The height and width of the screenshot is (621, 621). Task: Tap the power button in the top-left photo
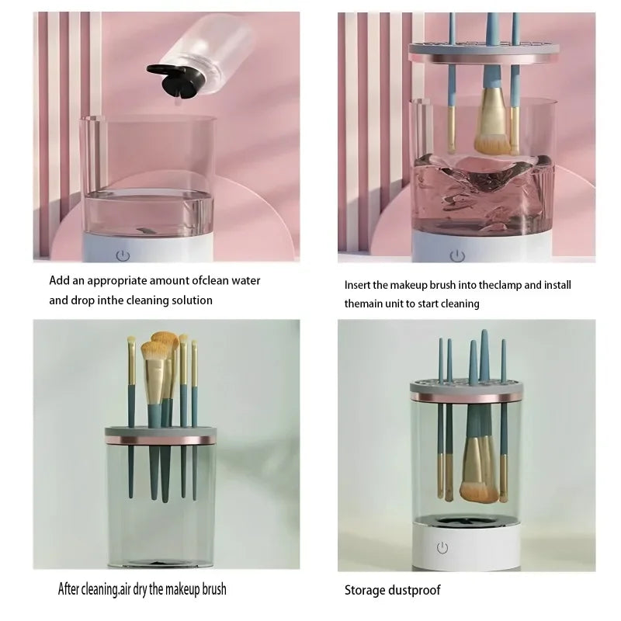point(122,255)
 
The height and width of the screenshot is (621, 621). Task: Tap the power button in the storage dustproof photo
point(442,548)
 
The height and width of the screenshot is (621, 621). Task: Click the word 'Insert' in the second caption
point(358,285)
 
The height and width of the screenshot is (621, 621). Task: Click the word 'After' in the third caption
point(71,588)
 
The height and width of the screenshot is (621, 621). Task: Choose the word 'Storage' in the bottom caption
point(365,591)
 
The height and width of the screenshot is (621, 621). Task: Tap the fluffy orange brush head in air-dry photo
point(164,342)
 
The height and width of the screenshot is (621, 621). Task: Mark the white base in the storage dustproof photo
point(466,546)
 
